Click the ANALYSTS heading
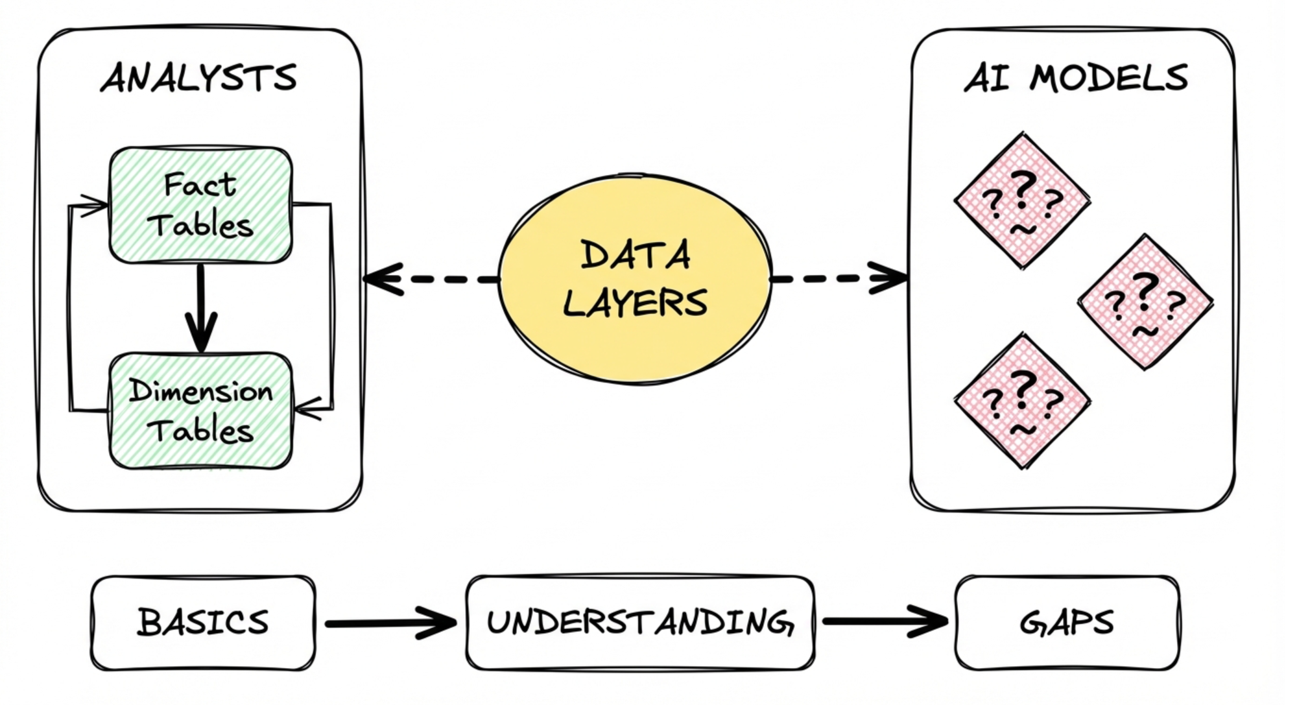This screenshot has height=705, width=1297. pos(198,78)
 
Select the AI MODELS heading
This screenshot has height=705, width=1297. pos(1075,78)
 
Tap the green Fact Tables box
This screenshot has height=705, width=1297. pos(200,205)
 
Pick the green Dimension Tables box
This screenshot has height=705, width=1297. pos(200,411)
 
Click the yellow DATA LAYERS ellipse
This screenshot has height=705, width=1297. pos(636,279)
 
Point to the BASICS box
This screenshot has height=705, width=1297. pos(203,623)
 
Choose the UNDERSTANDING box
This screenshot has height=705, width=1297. pos(640,623)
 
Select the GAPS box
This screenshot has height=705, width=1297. pos(1067,623)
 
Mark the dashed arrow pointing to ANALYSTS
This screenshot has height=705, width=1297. pos(431,280)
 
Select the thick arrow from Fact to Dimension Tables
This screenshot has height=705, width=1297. pos(201,308)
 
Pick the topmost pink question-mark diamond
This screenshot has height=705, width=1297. pos(1022,200)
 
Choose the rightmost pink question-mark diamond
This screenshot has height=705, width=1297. pos(1145,302)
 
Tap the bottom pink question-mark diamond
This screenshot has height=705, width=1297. pos(1022,401)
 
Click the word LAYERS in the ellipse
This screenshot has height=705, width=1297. pos(636,304)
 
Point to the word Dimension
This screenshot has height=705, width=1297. pos(201,391)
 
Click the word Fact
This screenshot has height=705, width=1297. pos(200,185)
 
